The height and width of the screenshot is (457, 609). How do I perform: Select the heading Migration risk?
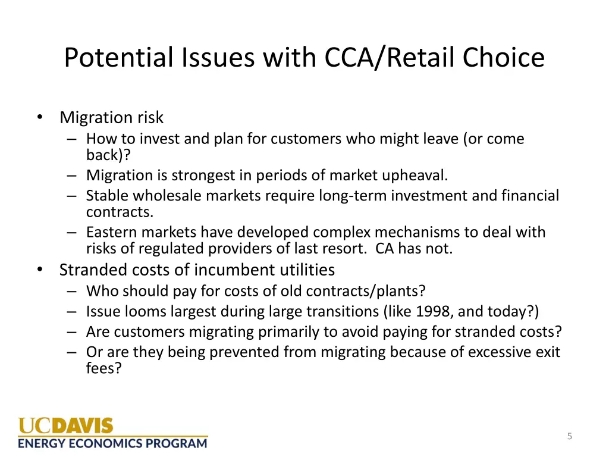pyautogui.click(x=111, y=117)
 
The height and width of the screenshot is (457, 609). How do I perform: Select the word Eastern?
pyautogui.click(x=112, y=232)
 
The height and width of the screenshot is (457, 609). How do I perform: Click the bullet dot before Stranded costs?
pyautogui.click(x=39, y=270)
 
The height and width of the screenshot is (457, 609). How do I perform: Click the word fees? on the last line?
pyautogui.click(x=104, y=368)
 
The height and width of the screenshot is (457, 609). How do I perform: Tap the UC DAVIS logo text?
pyautogui.click(x=65, y=426)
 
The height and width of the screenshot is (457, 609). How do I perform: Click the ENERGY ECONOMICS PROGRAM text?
pyautogui.click(x=112, y=443)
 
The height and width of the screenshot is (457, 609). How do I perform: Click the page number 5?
pyautogui.click(x=569, y=436)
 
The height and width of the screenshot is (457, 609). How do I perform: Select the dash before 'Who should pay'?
pyautogui.click(x=72, y=291)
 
